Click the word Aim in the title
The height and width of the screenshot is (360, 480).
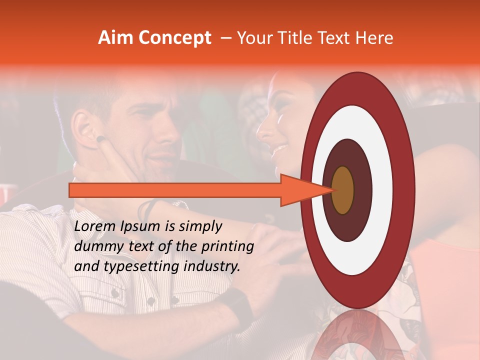pos(115,38)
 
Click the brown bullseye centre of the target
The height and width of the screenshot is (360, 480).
pos(343,190)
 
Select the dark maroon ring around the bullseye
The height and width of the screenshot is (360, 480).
pos(362,190)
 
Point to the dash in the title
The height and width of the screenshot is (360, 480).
pos(226,38)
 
